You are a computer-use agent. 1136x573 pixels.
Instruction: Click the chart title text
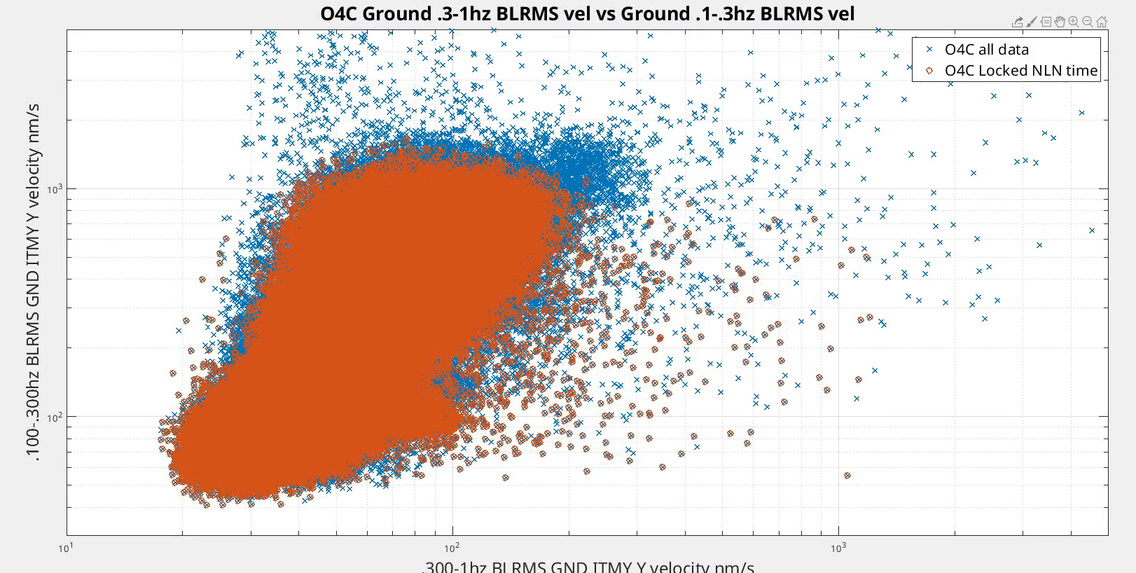tap(587, 14)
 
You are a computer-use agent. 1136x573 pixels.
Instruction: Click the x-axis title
tap(588, 566)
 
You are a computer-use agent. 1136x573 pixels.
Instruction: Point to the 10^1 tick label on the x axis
tap(64, 548)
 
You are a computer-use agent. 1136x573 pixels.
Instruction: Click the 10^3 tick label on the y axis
tap(54, 189)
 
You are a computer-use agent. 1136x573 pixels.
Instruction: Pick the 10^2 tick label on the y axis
tap(54, 418)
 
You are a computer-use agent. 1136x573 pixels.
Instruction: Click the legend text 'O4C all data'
tap(986, 50)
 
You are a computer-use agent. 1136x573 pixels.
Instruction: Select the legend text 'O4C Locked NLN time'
tap(1020, 71)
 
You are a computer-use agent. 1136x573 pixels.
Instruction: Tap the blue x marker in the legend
tap(929, 50)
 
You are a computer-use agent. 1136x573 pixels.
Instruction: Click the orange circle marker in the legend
tap(929, 71)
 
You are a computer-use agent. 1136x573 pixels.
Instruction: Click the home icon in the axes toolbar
tap(1102, 22)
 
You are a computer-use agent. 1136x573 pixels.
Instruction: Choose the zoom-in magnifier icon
tap(1074, 22)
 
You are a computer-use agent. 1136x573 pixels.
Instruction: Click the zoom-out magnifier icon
tap(1088, 22)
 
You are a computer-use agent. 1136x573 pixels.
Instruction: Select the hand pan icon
tap(1060, 22)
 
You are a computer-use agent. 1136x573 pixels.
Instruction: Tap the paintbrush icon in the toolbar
tap(1032, 22)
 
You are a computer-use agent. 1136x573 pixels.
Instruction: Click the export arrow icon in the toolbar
tap(1018, 22)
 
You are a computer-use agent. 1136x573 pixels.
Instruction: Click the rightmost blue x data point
tap(1092, 230)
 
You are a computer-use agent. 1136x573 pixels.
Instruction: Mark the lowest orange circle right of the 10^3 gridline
tap(847, 476)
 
